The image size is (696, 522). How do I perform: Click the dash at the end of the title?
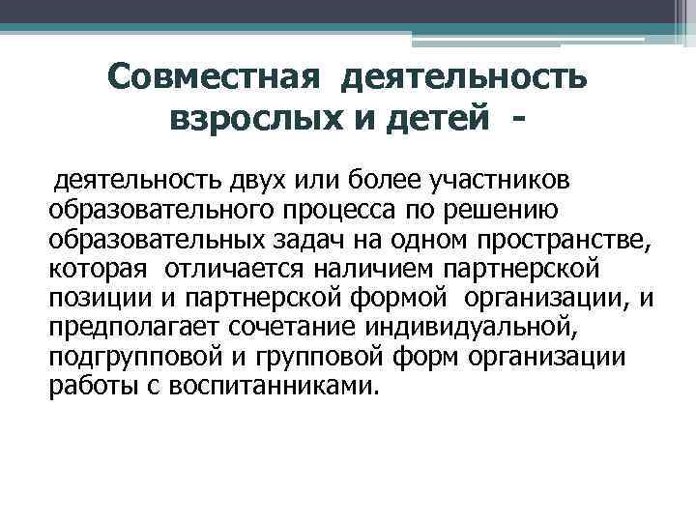pyautogui.click(x=522, y=119)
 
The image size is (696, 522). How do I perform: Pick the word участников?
pyautogui.click(x=490, y=180)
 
